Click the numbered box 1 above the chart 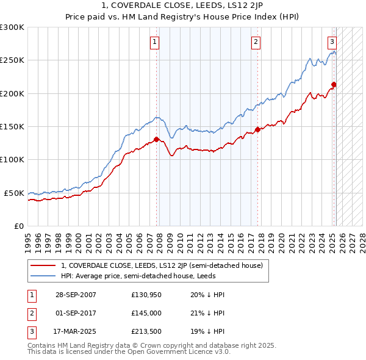[155, 42]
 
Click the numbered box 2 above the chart [256, 42]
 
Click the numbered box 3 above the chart [332, 42]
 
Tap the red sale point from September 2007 [157, 139]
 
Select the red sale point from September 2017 [257, 129]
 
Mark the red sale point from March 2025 [334, 84]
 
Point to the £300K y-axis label [12, 27]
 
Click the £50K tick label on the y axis [15, 193]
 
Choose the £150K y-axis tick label [12, 127]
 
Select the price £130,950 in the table [145, 295]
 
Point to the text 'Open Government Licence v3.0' [177, 351]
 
